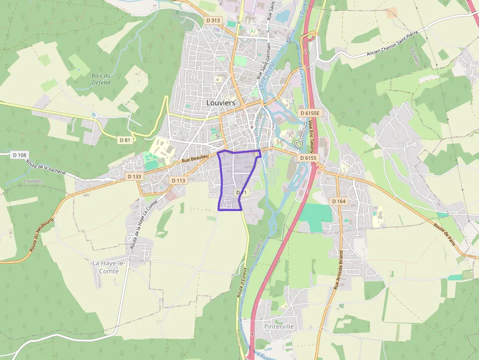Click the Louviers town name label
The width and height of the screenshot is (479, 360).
coord(220,103)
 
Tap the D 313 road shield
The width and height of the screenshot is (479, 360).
coord(213,21)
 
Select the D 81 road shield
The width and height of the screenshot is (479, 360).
coord(125,140)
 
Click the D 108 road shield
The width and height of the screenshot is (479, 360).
coord(19,155)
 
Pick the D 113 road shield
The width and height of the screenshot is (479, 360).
coord(178,180)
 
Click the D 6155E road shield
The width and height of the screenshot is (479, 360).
coord(310,113)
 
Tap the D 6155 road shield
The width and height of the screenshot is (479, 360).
coord(308,158)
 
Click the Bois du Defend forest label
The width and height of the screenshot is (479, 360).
coord(101,79)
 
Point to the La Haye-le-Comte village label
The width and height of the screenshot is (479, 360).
coord(109,267)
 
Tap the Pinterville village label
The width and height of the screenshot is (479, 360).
coord(279,326)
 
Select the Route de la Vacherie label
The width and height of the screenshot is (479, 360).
coord(46,169)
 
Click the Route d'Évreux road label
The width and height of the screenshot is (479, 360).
coord(241,282)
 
